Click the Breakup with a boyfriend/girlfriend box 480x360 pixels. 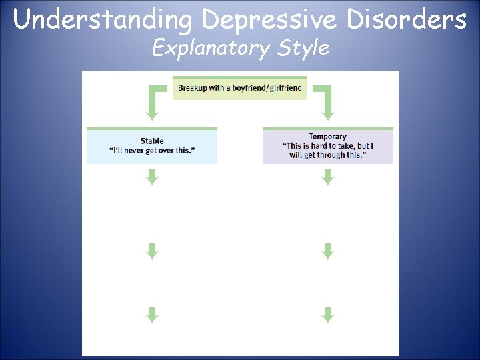pos(239,88)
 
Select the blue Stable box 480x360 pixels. pos(152,146)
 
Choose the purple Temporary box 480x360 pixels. pos(327,146)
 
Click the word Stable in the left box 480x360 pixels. pos(152,141)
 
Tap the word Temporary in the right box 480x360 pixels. pos(327,137)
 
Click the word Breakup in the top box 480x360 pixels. pos(193,88)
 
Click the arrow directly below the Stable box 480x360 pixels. pos(152,177)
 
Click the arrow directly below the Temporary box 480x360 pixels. pos(327,177)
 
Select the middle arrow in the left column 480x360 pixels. pos(152,251)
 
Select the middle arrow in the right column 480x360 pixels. pos(327,251)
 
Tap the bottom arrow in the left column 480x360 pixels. pos(152,315)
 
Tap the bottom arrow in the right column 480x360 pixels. pos(327,315)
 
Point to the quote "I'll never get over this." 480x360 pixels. pos(152,151)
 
